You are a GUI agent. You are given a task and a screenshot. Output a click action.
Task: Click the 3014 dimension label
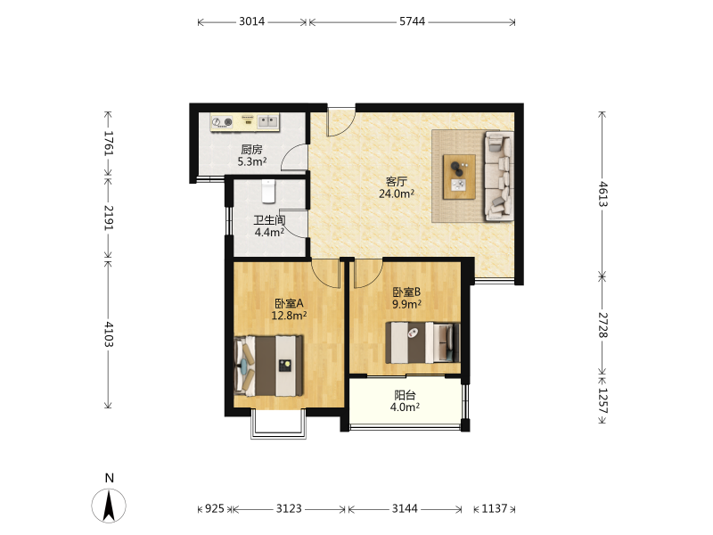coord(252,21)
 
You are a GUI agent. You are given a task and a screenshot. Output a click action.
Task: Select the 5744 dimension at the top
coord(412,21)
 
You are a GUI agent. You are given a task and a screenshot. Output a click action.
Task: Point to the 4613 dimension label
coord(602,194)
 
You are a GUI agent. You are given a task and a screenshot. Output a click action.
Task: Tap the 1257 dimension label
coord(602,400)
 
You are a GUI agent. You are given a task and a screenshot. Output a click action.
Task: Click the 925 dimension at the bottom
coord(215,508)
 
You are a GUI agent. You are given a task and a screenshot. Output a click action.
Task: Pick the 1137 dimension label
coord(494,508)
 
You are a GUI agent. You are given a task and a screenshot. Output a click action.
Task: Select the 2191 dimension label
coord(109,218)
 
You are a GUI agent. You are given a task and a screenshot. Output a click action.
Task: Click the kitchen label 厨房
coord(251,149)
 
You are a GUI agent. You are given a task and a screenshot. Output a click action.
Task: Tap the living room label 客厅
coord(396,182)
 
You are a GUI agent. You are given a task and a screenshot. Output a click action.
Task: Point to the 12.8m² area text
coord(289,315)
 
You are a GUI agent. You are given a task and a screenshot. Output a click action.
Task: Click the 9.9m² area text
coord(406,304)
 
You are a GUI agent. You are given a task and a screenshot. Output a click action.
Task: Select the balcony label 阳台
coord(405,395)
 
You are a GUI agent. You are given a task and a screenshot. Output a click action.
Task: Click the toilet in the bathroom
coord(269,191)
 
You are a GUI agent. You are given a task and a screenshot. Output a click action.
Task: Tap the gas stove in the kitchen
coord(222,122)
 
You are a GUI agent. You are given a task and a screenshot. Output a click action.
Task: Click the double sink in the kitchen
coord(268,121)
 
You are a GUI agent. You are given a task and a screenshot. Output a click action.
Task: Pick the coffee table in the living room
coord(459,177)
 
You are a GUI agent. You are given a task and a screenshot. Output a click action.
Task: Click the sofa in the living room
coord(499,176)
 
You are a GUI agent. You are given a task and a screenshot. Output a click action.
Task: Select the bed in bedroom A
coord(269,366)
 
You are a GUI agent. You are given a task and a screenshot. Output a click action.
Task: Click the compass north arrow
coord(109,505)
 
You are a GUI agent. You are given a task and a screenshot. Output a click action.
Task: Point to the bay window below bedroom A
coord(278,425)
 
